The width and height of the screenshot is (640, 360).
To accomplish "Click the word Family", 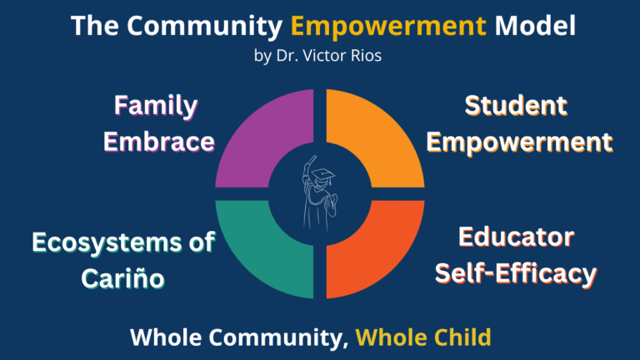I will coord(156,107).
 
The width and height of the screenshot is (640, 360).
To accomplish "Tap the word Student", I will coord(517,107).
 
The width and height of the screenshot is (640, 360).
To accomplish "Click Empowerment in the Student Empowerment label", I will coord(518,142).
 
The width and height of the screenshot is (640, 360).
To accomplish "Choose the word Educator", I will coord(517,237).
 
